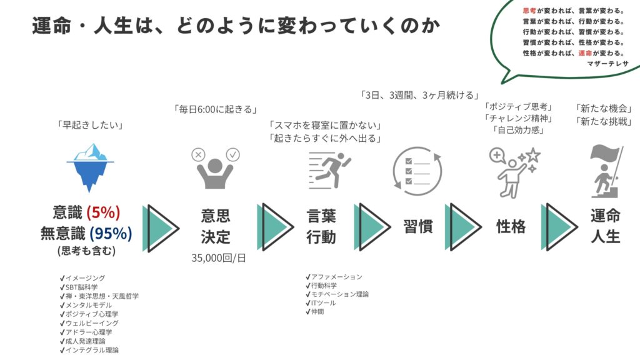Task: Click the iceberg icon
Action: point(90,167)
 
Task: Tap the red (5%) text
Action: point(103,212)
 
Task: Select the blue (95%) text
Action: point(111,234)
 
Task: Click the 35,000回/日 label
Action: point(219,258)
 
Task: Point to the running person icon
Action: point(330,170)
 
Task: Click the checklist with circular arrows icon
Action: point(417,171)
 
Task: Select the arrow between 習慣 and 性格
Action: point(463,227)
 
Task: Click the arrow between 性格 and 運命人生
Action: point(559,227)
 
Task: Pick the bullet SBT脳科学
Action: point(79,287)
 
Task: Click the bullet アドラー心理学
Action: point(86,332)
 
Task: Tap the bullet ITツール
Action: point(321,303)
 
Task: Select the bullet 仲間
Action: point(315,311)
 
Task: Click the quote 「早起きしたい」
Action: point(90,125)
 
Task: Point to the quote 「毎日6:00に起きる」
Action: point(215,109)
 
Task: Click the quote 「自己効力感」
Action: point(519,130)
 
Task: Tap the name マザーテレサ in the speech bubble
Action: point(607,64)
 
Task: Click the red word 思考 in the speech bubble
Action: point(529,11)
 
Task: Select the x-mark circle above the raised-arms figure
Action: point(198,155)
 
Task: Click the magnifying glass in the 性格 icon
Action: point(497,156)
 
